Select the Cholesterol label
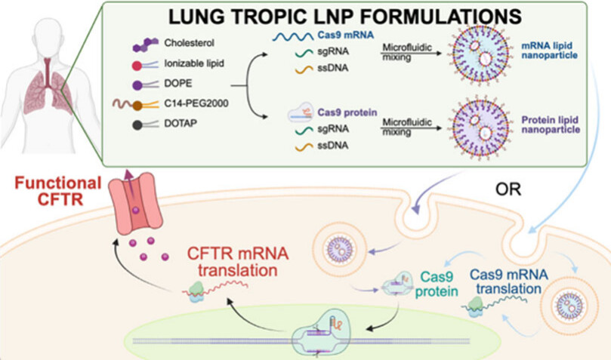[189, 43]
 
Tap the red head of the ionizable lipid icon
[137, 66]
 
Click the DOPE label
[178, 84]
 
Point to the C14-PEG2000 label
[196, 103]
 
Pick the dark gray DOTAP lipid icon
[145, 125]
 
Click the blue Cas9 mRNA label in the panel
[346, 35]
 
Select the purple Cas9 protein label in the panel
[347, 112]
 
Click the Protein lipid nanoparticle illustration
[480, 127]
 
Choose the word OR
[508, 189]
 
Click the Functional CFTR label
[58, 191]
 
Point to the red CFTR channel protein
[135, 204]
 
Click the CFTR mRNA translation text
[238, 262]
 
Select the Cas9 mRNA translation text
[508, 282]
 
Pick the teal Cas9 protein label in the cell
[437, 284]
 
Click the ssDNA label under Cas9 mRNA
[333, 68]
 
